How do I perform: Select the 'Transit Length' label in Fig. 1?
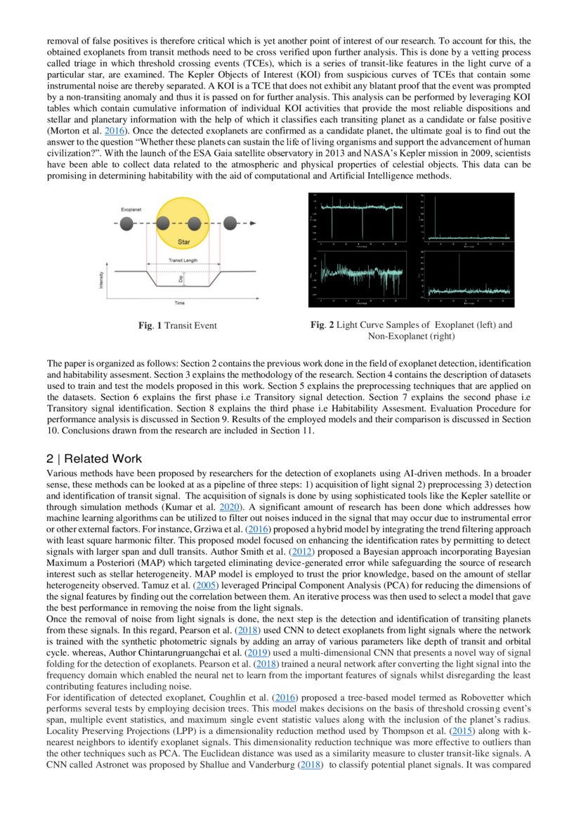click(x=182, y=260)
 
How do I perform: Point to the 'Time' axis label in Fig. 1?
click(x=180, y=303)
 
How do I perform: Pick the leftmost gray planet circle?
click(x=126, y=223)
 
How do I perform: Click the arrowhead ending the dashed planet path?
click(x=252, y=223)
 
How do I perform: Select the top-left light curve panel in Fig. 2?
click(x=360, y=219)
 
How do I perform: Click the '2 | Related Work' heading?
click(x=94, y=459)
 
